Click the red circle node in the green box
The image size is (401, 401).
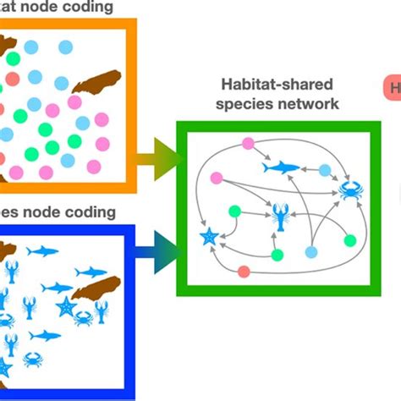point(244,272)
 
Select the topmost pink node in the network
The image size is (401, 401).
point(248,143)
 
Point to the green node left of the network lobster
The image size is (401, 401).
point(235,211)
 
